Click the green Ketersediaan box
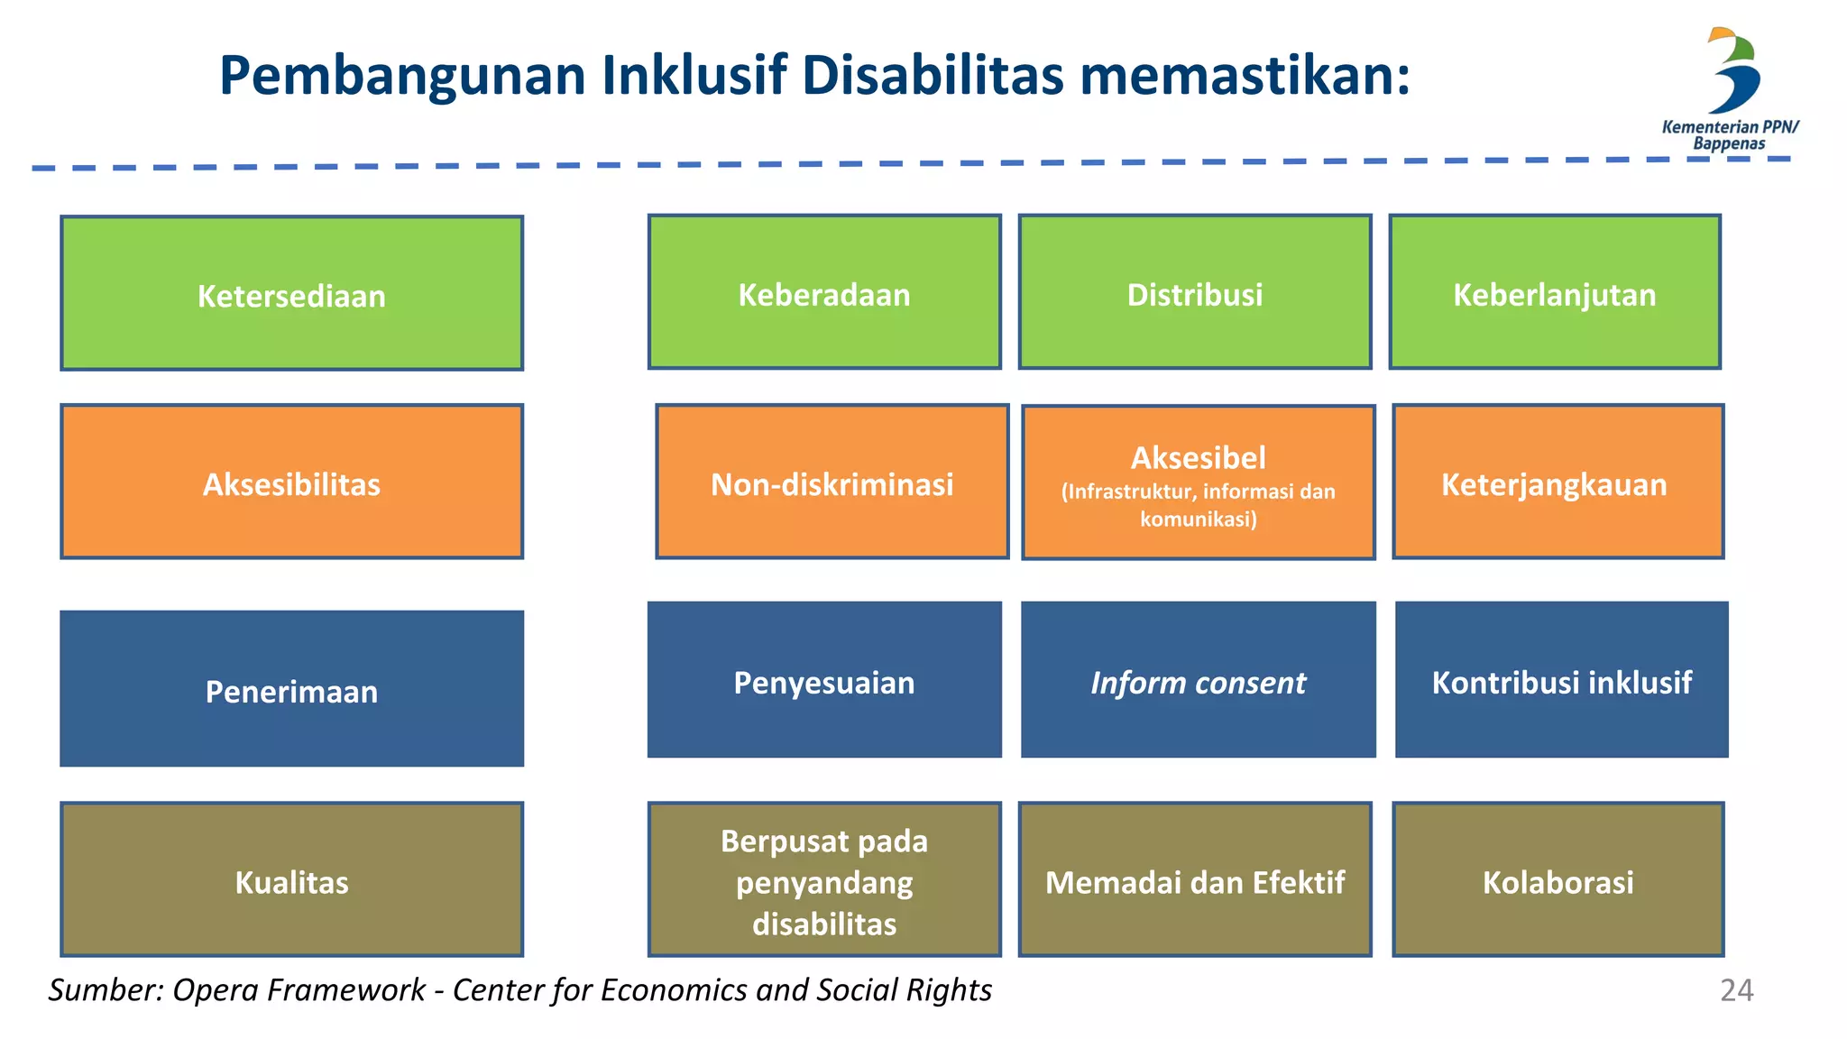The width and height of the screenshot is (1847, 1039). pos(291,293)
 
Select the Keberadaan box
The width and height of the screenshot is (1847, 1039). pos(824,292)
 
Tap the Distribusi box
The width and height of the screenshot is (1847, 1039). pos(1195,292)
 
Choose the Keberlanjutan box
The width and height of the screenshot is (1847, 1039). pos(1555,292)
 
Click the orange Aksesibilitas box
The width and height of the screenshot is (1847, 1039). pos(291,482)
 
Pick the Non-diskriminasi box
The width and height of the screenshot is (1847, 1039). pos(832,482)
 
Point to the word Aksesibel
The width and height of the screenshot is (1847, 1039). pos(1198,458)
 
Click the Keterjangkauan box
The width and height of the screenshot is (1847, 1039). pos(1558,482)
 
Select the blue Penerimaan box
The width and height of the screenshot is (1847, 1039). pos(291,689)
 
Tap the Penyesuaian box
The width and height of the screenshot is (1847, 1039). pos(824,680)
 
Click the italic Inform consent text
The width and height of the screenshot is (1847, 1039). pos(1198,683)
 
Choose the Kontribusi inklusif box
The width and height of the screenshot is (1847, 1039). pos(1561,680)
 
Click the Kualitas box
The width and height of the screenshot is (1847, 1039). pos(291,879)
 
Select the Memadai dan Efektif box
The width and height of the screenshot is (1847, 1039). pos(1195,879)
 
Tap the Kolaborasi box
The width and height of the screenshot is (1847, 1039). pos(1558,879)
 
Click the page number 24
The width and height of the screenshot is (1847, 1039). pos(1736,990)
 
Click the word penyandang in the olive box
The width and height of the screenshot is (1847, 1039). pos(824,883)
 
